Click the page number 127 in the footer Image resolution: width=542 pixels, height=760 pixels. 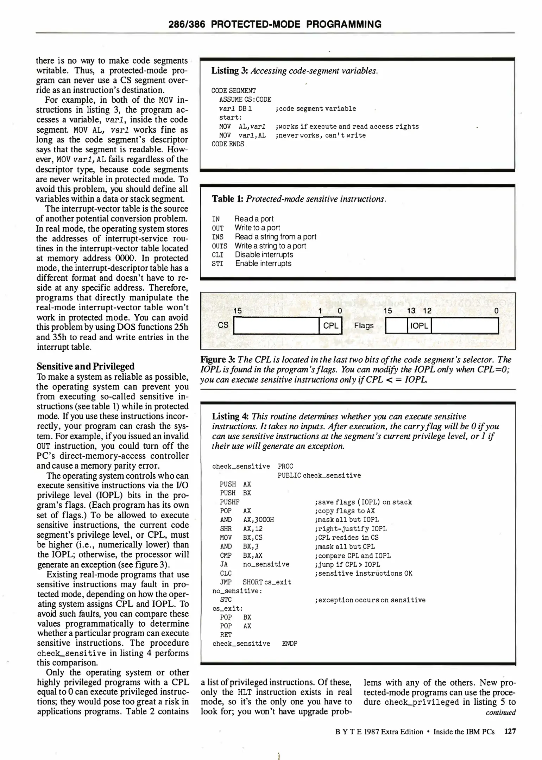pyautogui.click(x=510, y=732)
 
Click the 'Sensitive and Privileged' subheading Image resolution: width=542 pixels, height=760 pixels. pyautogui.click(x=86, y=366)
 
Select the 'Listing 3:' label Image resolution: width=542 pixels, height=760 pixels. pyautogui.click(x=229, y=71)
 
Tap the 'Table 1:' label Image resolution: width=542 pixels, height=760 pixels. pyautogui.click(x=228, y=199)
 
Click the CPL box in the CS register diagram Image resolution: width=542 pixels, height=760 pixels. pyautogui.click(x=330, y=325)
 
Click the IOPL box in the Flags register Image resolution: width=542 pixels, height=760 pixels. pyautogui.click(x=419, y=325)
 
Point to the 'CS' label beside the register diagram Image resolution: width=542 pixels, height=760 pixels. pyautogui.click(x=223, y=325)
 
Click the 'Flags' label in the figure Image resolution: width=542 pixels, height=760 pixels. pyautogui.click(x=364, y=325)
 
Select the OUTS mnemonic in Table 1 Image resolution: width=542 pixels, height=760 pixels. pyautogui.click(x=220, y=246)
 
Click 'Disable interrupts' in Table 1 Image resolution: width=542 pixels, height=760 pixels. pyautogui.click(x=264, y=255)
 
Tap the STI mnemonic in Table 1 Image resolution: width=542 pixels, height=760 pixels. pyautogui.click(x=218, y=264)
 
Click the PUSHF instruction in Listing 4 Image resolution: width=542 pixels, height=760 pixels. pyautogui.click(x=229, y=502)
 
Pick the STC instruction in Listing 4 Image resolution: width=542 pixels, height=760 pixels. pyautogui.click(x=226, y=600)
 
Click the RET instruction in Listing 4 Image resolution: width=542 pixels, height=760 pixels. pyautogui.click(x=226, y=635)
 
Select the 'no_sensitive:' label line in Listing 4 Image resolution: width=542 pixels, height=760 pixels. pyautogui.click(x=237, y=591)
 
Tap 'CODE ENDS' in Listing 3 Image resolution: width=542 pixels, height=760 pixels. pyautogui.click(x=228, y=144)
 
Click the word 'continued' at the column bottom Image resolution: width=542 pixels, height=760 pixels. pyautogui.click(x=500, y=712)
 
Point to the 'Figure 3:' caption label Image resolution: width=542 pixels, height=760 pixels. pyautogui.click(x=218, y=360)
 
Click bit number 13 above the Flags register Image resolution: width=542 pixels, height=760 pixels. pyautogui.click(x=411, y=311)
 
